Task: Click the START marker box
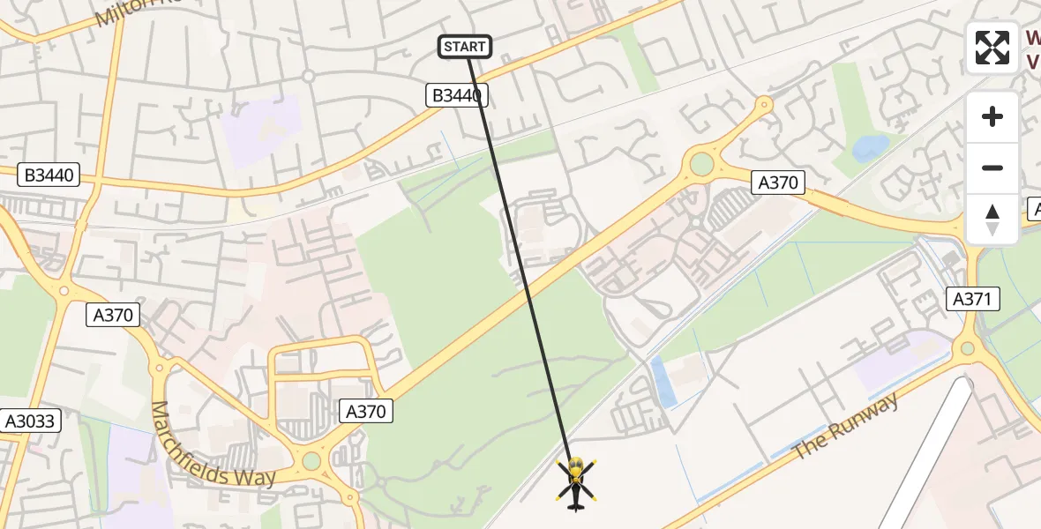click(x=465, y=47)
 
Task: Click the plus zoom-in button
click(x=992, y=116)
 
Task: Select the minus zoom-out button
click(x=992, y=168)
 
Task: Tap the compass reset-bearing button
click(x=992, y=219)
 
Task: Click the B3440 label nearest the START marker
click(x=457, y=95)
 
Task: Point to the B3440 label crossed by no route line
click(x=49, y=175)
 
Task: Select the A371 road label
click(x=973, y=299)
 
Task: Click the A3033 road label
click(x=30, y=421)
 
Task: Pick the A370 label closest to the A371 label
click(x=778, y=183)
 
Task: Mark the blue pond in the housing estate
click(x=870, y=147)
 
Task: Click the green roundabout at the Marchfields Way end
click(x=311, y=461)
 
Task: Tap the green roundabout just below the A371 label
click(x=968, y=348)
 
